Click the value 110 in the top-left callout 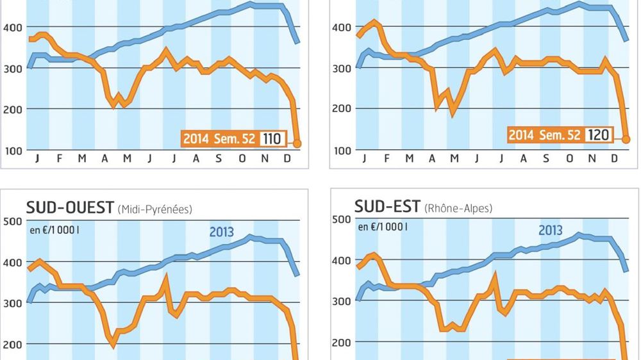point(272,138)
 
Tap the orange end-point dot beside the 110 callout point(297,144)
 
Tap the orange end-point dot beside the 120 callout point(626,139)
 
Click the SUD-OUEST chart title point(70,207)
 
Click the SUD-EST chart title point(387,206)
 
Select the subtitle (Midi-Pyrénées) point(155,209)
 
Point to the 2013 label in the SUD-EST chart point(551,230)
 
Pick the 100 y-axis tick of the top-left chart point(13,151)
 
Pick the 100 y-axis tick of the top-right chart point(342,151)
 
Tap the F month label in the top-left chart point(59,158)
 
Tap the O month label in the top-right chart point(569,158)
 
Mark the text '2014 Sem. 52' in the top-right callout point(544,135)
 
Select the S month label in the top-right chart point(546,158)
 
